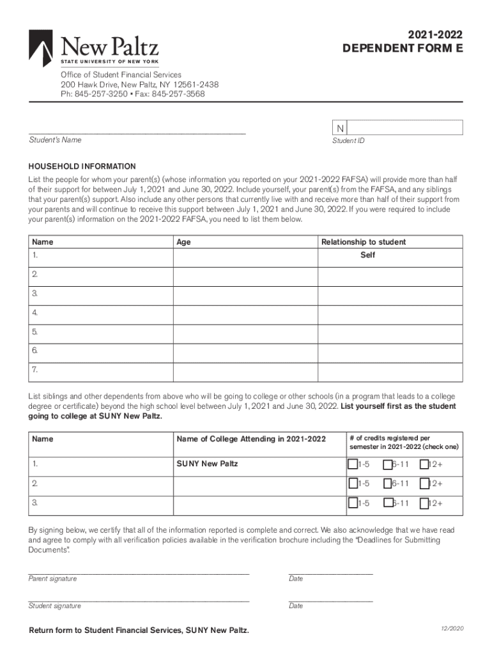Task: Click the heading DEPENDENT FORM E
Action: click(402, 48)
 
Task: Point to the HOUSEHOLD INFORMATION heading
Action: click(82, 166)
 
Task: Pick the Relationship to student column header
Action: click(363, 242)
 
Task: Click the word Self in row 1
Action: click(367, 255)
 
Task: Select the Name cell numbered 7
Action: click(100, 370)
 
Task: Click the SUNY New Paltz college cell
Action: click(207, 463)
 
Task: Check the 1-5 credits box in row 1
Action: click(353, 464)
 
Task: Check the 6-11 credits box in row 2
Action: click(388, 483)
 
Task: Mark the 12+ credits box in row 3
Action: click(424, 503)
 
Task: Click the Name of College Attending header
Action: click(251, 439)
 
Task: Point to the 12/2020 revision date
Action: click(451, 628)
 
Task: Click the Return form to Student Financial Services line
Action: click(139, 631)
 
